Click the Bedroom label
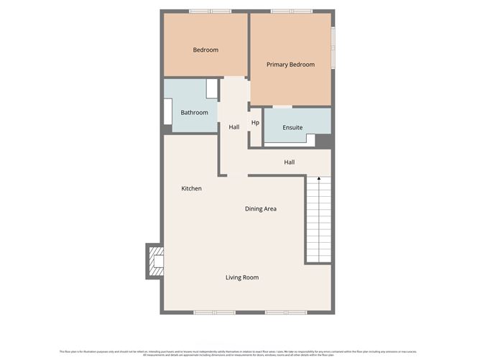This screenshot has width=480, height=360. [x=206, y=50]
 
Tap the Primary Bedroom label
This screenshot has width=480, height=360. [x=290, y=65]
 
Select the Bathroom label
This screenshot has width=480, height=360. [x=194, y=113]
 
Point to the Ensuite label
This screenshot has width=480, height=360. [x=292, y=128]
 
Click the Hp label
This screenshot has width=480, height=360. [x=255, y=123]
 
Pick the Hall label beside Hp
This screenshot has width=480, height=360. [x=234, y=127]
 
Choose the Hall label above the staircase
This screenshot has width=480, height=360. [x=289, y=162]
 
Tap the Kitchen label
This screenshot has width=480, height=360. [x=191, y=188]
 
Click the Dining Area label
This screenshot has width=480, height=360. [x=261, y=209]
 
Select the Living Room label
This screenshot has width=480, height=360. [x=242, y=277]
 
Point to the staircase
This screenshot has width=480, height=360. [x=318, y=220]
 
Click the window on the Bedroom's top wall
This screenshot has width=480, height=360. [x=210, y=11]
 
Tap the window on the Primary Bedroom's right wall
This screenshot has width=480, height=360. [x=333, y=48]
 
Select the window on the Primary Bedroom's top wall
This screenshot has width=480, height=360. [x=292, y=11]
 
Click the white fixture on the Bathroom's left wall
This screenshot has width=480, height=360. [x=167, y=112]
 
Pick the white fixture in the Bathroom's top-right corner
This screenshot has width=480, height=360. [x=211, y=88]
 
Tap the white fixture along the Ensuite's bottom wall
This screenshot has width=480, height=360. [x=291, y=142]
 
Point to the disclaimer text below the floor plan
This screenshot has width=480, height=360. [x=240, y=352]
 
